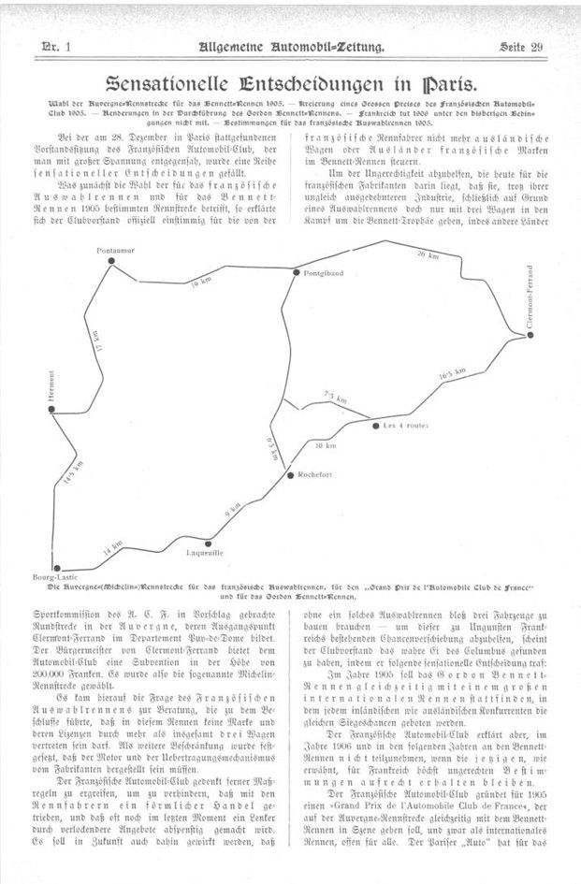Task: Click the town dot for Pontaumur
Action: pos(111,261)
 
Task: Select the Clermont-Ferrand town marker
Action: pos(530,334)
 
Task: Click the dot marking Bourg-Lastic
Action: pos(57,568)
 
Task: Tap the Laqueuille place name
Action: pos(208,553)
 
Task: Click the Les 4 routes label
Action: pos(405,426)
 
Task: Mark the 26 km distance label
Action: pos(427,254)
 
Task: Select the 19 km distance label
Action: pos(198,282)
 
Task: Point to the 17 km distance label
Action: pos(94,342)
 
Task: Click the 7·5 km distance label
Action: pos(334,399)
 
